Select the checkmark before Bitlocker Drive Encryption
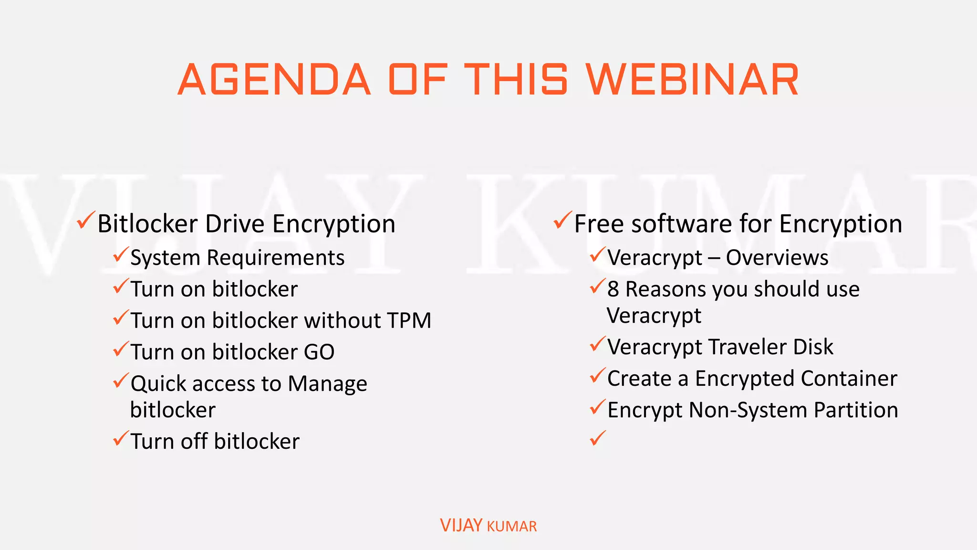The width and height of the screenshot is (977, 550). pyautogui.click(x=86, y=220)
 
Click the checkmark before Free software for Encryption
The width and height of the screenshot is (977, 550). pyautogui.click(x=562, y=220)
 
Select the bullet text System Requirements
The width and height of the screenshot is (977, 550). pyautogui.click(x=237, y=258)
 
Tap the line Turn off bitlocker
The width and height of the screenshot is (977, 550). pyautogui.click(x=215, y=441)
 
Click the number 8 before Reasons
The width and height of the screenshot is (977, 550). pyautogui.click(x=613, y=289)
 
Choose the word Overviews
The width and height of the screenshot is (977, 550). pyautogui.click(x=777, y=258)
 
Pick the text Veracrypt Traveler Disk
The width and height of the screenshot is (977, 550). pyautogui.click(x=720, y=347)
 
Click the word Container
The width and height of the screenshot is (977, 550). pyautogui.click(x=849, y=379)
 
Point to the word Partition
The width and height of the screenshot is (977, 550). pyautogui.click(x=856, y=410)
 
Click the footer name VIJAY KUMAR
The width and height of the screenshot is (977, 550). pyautogui.click(x=488, y=526)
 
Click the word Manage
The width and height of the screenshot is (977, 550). pyautogui.click(x=327, y=384)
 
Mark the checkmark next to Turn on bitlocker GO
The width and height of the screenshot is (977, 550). pyautogui.click(x=121, y=349)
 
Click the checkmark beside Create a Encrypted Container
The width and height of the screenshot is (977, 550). pyautogui.click(x=597, y=376)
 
